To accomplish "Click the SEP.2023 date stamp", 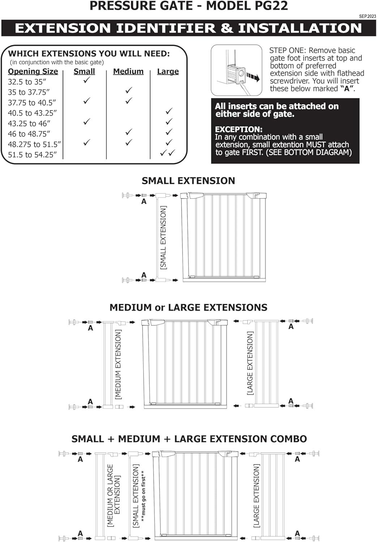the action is coord(367,16).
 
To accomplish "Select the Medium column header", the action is coord(128,72).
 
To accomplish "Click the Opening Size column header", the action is coord(33,72).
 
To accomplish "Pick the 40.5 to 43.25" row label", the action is coord(33,113).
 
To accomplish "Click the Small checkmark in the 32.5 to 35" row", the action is coord(86,80).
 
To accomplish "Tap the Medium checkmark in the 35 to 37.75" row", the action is coord(129,90).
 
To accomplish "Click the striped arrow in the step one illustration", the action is coord(253,77).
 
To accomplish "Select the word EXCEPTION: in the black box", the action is coord(239,129).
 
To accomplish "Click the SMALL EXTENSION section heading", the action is coord(188,181).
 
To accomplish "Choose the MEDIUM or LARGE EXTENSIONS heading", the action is coord(188,307).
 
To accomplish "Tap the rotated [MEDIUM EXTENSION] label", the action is coord(118,364).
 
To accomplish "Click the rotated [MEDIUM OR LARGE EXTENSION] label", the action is coord(113,495).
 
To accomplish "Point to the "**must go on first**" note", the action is coord(143,496).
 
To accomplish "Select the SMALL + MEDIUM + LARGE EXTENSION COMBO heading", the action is coord(189,439).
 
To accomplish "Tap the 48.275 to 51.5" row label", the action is coord(34,145).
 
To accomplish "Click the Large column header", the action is coord(168,72).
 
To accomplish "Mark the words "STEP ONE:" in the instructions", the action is coord(288,51).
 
